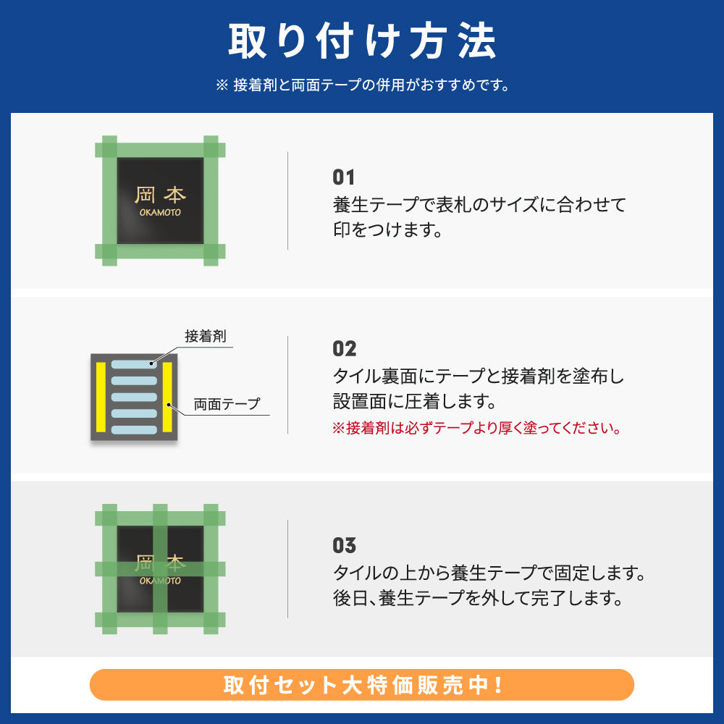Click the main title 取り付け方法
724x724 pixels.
[362, 41]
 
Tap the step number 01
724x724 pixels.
[344, 177]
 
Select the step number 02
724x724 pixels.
[345, 349]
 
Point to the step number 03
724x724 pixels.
[345, 545]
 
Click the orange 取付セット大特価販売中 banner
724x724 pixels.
[362, 685]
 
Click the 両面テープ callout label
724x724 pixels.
[227, 404]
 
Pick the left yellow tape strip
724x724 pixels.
[101, 397]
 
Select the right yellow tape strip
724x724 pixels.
[167, 397]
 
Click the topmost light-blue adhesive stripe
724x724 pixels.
[134, 365]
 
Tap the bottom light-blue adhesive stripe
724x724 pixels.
[134, 429]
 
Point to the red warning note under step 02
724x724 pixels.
[476, 428]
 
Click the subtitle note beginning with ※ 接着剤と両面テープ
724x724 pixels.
[362, 85]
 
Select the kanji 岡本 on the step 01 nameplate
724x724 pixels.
[160, 195]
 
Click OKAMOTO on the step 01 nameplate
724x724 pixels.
[160, 213]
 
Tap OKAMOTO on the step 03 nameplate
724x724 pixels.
[160, 581]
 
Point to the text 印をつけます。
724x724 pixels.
[387, 230]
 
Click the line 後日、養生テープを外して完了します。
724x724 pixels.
[477, 599]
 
